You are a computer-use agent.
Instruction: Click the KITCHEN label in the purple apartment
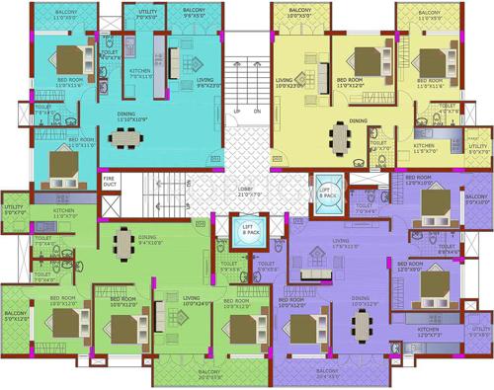(430, 332)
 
